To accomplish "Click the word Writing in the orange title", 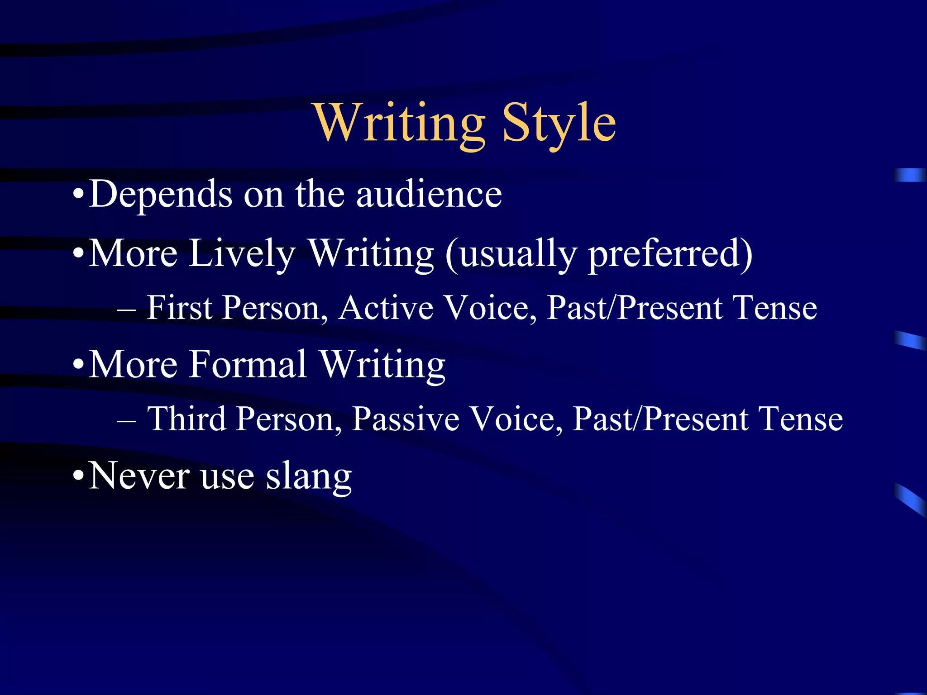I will pos(400,123).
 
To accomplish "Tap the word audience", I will pos(429,195).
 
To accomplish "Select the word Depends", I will pos(161,195).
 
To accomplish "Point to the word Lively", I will pos(242,253).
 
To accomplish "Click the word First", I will pos(180,308).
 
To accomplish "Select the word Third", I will pos(187,419).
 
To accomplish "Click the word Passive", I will pos(406,419).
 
